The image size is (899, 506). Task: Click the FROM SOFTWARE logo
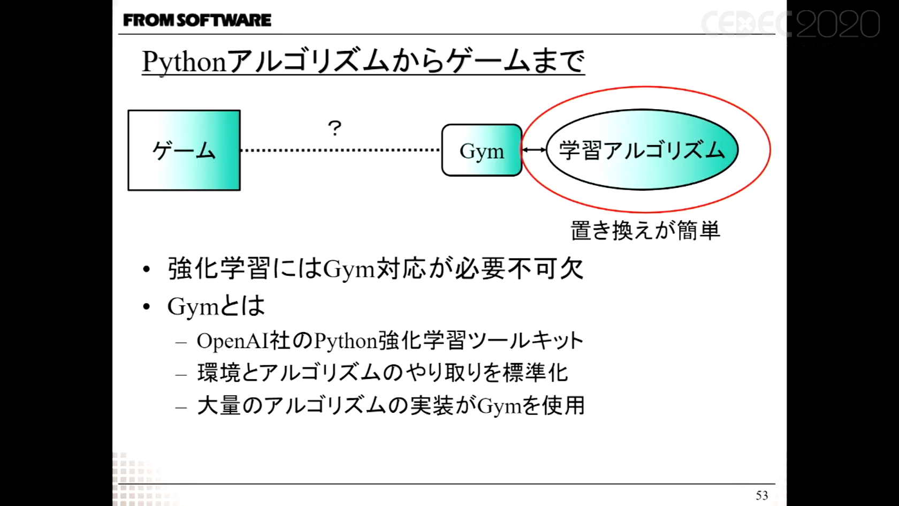[197, 20]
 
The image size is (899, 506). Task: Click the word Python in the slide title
[184, 62]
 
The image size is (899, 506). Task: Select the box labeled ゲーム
[184, 150]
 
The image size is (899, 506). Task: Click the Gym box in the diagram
[482, 150]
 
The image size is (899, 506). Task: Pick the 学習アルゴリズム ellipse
[642, 150]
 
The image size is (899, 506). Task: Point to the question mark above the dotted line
[334, 129]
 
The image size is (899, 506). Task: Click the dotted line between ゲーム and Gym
[340, 150]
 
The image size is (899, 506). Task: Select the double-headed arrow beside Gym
[534, 150]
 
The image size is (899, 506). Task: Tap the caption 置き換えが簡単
[645, 231]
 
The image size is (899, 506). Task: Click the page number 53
[761, 495]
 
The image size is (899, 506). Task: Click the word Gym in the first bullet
[349, 269]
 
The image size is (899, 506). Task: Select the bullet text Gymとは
[216, 306]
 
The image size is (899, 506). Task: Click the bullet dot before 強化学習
[147, 269]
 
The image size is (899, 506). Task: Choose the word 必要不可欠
[519, 268]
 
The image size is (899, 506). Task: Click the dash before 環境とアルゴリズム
[181, 374]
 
